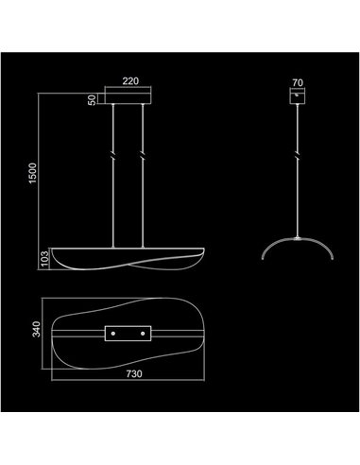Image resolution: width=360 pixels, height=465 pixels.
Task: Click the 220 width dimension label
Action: (129, 81)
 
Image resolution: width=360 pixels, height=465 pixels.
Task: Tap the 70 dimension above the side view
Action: (298, 82)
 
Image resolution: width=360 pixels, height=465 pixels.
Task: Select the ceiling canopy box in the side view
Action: (298, 97)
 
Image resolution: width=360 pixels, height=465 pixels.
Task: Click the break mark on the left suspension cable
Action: (115, 154)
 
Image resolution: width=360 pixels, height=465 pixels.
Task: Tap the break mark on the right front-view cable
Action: (142, 154)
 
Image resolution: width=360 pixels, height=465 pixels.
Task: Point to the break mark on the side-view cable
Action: (298, 154)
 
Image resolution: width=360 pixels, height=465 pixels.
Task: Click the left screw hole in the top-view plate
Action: (113, 333)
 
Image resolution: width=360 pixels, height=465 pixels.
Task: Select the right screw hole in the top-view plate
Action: (144, 333)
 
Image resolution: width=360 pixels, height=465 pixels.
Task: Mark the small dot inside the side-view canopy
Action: (298, 95)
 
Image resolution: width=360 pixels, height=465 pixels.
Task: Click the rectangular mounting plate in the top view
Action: (129, 333)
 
